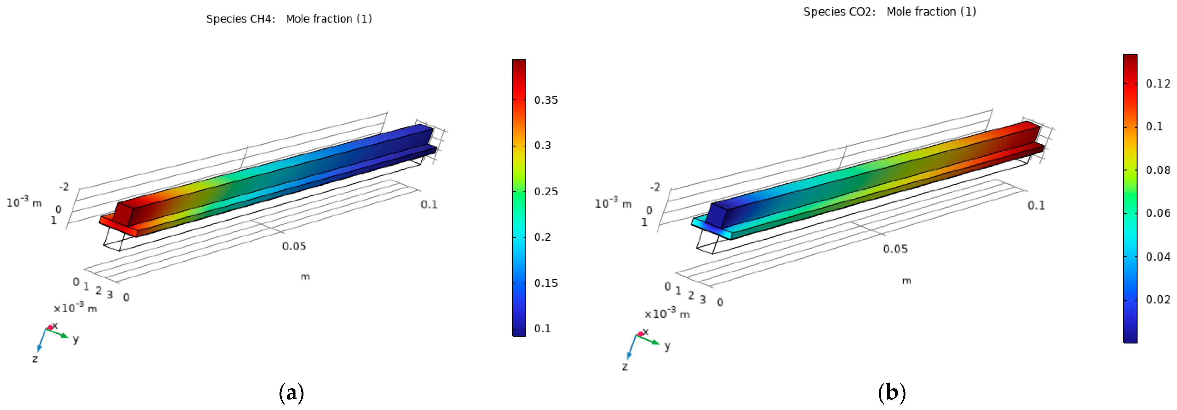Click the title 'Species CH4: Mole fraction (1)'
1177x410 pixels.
[x=289, y=19]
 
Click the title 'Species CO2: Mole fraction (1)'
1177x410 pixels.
[x=889, y=12]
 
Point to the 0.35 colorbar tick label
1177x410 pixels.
[x=546, y=100]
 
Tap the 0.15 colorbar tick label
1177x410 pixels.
[x=546, y=283]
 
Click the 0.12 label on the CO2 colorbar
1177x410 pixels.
[x=1158, y=84]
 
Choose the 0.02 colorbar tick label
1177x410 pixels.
[x=1158, y=299]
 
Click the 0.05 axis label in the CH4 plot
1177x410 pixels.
[x=294, y=247]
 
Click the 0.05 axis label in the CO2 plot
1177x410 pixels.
[x=895, y=249]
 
